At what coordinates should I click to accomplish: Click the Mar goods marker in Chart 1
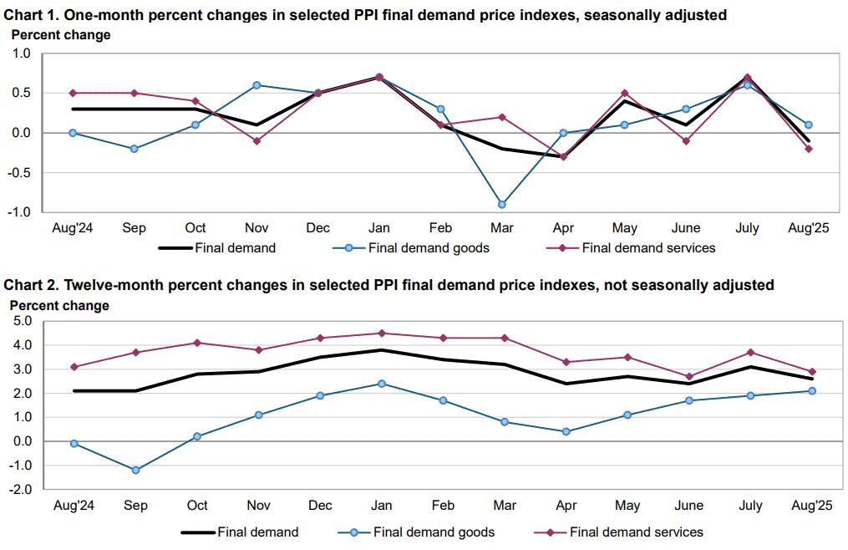(502, 205)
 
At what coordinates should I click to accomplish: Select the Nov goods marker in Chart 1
(256, 85)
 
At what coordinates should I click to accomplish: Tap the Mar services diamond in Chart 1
(502, 117)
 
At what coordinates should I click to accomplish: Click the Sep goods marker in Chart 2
(135, 470)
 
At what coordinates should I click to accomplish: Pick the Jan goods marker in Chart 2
(381, 384)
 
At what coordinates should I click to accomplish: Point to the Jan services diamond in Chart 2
(381, 334)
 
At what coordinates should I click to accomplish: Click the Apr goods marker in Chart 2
(566, 431)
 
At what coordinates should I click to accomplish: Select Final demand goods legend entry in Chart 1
(411, 248)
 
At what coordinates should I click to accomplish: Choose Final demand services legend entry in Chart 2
(619, 532)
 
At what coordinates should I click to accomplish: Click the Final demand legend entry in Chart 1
(217, 248)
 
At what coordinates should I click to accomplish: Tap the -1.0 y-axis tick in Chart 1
(19, 212)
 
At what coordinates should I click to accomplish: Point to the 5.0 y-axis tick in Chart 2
(22, 321)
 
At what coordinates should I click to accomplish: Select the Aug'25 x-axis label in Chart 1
(809, 228)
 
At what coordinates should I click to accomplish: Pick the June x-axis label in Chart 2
(689, 506)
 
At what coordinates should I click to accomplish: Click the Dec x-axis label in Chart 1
(318, 228)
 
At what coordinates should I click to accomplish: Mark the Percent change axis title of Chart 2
(59, 306)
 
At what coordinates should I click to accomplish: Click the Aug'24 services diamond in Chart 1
(73, 93)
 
